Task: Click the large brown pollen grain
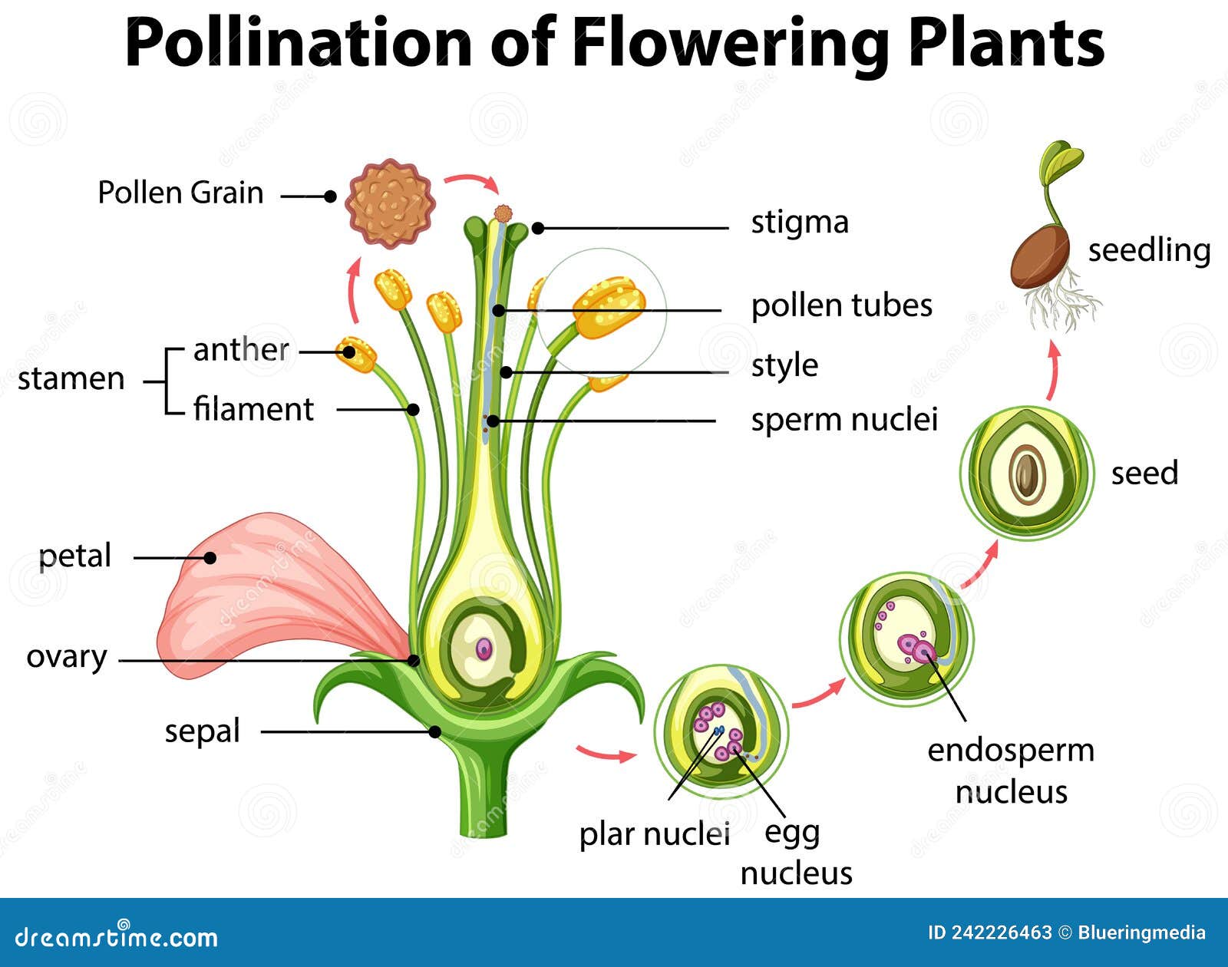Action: [x=390, y=204]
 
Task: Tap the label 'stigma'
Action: [x=799, y=223]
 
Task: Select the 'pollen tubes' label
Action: [x=841, y=305]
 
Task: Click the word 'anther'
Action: [x=241, y=350]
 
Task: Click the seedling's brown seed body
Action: [x=1041, y=256]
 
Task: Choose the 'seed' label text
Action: [x=1144, y=473]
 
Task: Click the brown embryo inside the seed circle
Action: [x=1027, y=475]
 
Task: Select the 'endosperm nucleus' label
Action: [x=1010, y=770]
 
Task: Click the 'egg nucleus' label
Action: [x=796, y=852]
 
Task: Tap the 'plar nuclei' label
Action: [x=653, y=834]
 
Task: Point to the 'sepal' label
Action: [x=202, y=731]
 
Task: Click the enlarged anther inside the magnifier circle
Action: [x=608, y=307]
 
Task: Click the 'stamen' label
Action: [x=71, y=379]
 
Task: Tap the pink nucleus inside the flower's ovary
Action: [x=484, y=649]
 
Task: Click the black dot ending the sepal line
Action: [x=434, y=732]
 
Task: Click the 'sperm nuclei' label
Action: [x=843, y=420]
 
